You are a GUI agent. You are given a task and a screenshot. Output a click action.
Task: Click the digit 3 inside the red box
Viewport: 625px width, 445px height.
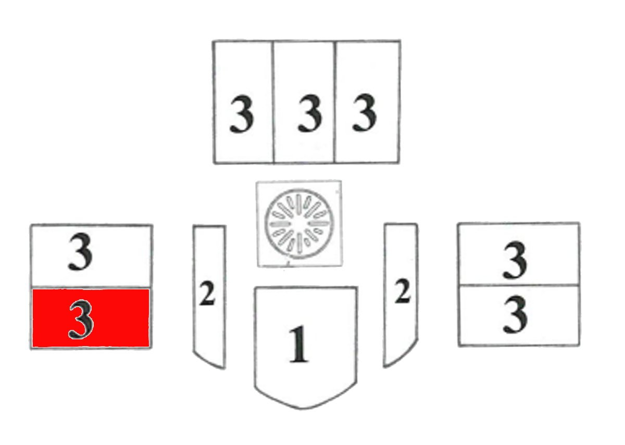81,320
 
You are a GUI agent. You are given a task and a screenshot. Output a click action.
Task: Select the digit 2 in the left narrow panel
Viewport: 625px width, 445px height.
207,294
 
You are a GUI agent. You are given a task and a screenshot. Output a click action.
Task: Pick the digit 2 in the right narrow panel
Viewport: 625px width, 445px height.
402,291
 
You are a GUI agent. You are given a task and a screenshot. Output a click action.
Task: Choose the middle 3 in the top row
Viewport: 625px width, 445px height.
310,113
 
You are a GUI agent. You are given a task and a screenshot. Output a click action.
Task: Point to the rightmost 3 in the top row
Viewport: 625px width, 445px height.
365,112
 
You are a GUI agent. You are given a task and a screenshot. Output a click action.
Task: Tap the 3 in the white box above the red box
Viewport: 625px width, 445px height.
80,252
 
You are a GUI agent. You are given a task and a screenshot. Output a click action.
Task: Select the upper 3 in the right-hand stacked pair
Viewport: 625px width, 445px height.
515,260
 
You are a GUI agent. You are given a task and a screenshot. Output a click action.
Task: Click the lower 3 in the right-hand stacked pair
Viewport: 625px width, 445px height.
515,314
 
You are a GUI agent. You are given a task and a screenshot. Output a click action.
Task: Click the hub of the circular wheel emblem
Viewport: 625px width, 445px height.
298,224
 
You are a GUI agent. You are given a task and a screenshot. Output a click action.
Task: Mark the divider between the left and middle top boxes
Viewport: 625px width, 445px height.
273,102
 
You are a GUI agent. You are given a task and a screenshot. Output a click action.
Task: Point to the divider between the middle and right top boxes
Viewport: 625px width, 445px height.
335,102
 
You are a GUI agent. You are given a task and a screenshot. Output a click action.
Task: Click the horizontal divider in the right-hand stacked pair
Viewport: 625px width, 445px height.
519,285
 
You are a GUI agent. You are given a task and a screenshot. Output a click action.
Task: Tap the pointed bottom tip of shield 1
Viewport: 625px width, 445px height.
302,409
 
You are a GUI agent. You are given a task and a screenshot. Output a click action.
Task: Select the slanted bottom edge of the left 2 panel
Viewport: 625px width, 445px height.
209,360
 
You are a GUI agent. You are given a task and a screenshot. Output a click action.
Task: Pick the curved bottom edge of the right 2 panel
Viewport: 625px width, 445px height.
401,354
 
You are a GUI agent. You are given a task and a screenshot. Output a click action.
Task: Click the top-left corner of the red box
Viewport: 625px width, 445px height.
32,289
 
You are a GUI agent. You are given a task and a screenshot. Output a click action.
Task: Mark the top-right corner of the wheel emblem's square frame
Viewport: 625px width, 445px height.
341,181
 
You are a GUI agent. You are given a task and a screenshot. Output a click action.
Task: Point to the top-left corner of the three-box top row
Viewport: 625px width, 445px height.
213,42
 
